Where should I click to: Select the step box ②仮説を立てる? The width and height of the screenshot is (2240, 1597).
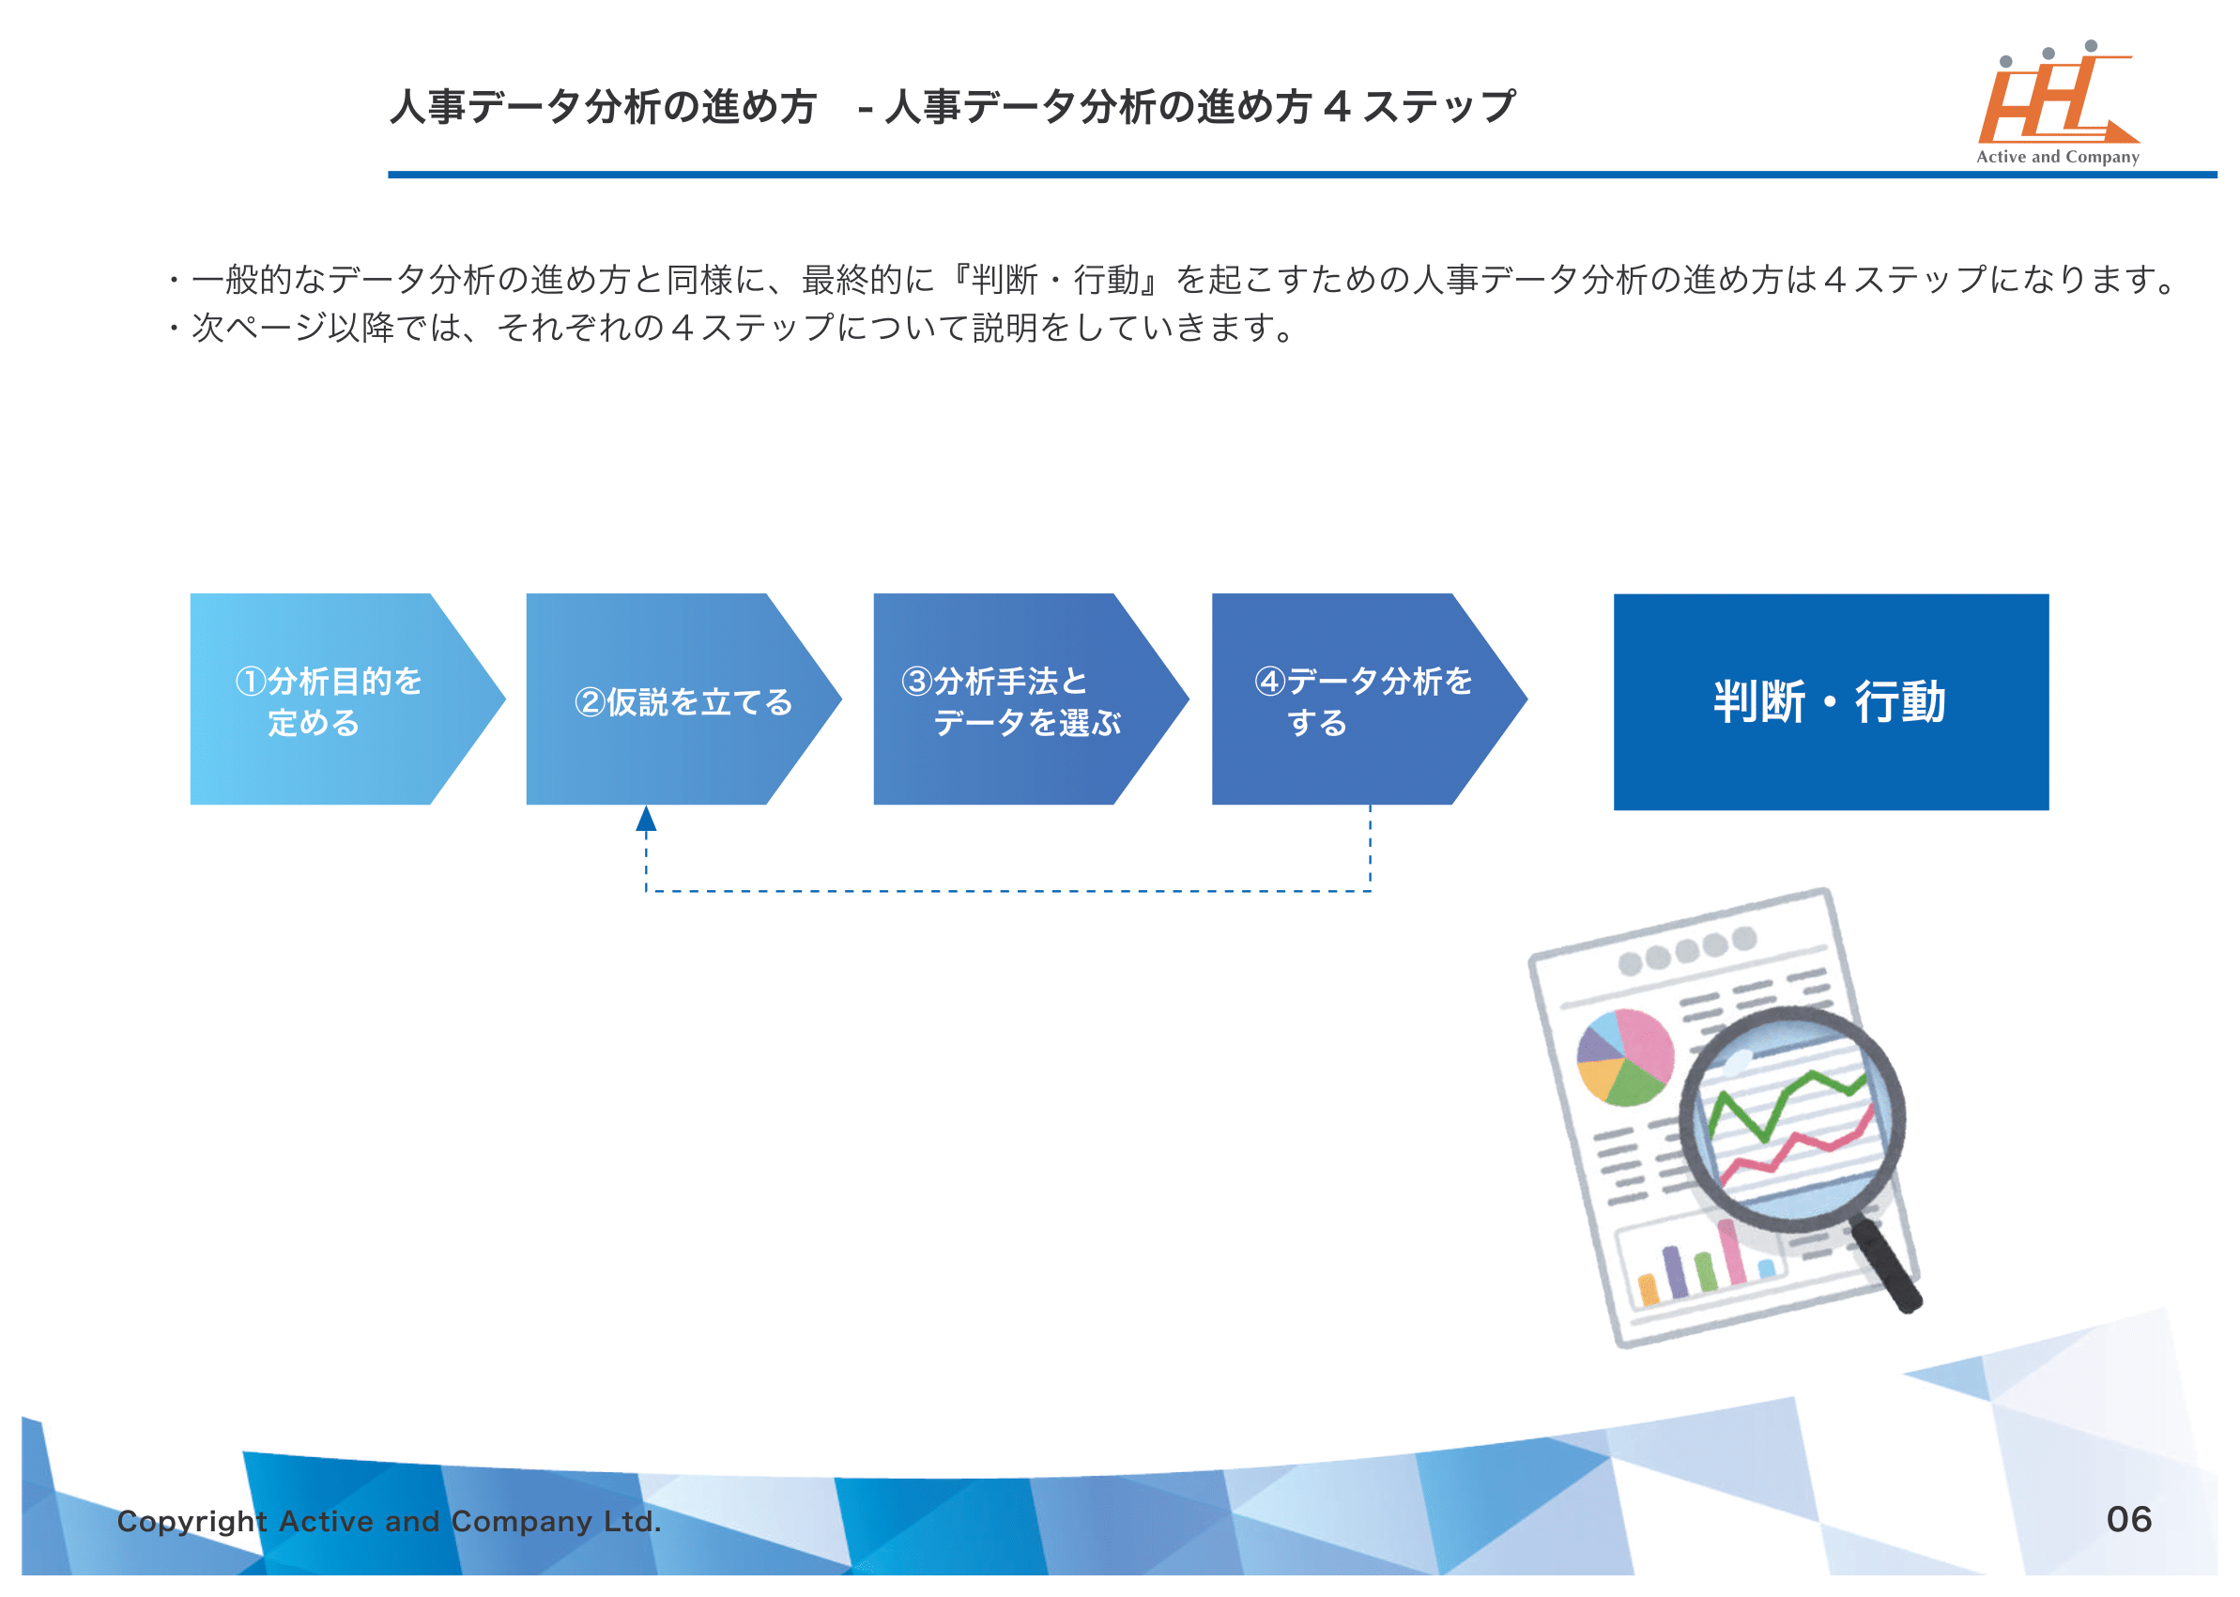679,699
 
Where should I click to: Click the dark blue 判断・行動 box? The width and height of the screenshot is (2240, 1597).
1830,701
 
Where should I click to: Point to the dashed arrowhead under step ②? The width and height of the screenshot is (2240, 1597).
646,819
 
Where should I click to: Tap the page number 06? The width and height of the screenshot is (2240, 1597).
2128,1519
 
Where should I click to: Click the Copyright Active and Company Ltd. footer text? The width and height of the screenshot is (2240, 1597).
390,1521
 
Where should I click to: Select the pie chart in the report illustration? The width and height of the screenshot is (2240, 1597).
1624,1058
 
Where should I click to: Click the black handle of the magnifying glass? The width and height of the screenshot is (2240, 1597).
1886,1267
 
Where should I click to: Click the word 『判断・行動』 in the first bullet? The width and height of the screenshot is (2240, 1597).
1057,281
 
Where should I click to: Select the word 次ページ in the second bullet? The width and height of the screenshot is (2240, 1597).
258,328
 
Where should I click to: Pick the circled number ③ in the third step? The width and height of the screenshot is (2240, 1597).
916,681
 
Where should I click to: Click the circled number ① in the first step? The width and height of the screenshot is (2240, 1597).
251,681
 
